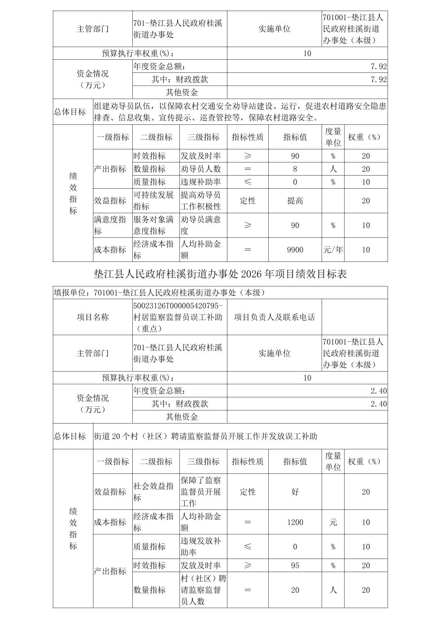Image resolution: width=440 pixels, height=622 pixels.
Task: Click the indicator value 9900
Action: click(x=295, y=250)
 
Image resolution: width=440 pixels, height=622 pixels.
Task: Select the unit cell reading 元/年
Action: click(x=333, y=250)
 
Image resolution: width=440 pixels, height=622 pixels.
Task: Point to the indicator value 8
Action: click(x=295, y=169)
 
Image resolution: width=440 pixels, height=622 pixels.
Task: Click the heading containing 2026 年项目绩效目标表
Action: click(x=220, y=274)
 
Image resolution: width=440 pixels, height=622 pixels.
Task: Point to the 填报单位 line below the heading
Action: click(x=159, y=293)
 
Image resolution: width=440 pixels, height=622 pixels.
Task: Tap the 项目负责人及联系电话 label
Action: click(x=274, y=317)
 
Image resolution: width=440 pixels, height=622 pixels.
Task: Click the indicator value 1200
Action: click(x=295, y=522)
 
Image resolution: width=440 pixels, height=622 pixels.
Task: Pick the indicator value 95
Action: click(x=295, y=566)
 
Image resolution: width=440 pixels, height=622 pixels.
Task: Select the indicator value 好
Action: click(x=295, y=492)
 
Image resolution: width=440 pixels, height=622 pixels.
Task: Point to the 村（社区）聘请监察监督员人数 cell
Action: click(x=203, y=590)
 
